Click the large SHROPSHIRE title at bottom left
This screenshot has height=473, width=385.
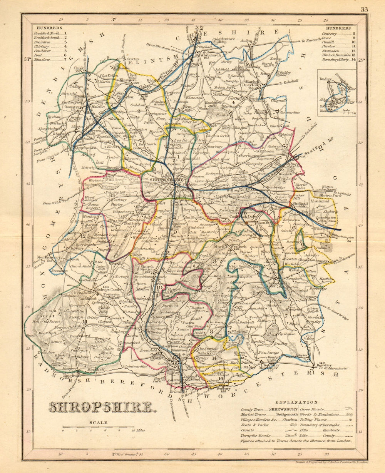pyautogui.click(x=100, y=407)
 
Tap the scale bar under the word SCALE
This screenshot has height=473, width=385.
pyautogui.click(x=99, y=427)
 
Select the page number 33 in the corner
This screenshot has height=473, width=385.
pyautogui.click(x=364, y=10)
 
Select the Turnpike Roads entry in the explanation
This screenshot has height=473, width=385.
pyautogui.click(x=253, y=435)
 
